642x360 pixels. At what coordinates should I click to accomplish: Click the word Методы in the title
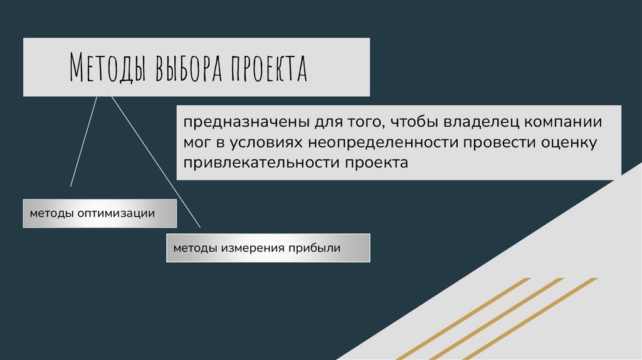[108, 66]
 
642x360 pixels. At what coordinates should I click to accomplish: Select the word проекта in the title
[269, 67]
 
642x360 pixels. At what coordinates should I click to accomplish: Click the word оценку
[569, 143]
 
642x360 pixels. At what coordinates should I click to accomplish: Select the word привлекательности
[261, 163]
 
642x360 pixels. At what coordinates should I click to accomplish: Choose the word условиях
[266, 143]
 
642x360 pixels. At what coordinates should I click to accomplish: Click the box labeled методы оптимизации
[100, 213]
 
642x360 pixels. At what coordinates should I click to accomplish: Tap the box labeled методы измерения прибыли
[268, 248]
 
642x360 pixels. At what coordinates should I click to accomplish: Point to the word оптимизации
[116, 213]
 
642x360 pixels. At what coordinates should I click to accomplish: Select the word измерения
[253, 248]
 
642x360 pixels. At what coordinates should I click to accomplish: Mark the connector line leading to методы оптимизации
[84, 142]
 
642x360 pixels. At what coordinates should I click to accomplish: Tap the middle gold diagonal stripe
[497, 319]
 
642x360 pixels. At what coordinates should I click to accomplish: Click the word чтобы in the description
[415, 122]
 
